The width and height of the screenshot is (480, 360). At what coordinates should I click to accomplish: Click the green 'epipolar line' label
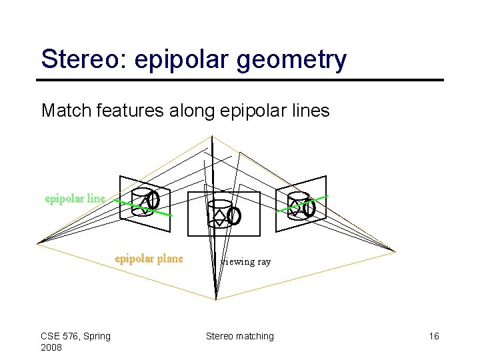pyautogui.click(x=75, y=198)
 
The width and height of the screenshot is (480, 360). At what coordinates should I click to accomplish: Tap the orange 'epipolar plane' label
pyautogui.click(x=149, y=259)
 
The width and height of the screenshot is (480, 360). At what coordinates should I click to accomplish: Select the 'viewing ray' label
pyautogui.click(x=247, y=261)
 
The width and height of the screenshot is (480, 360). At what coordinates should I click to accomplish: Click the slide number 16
pyautogui.click(x=433, y=336)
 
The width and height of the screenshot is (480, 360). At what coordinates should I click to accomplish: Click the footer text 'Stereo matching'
pyautogui.click(x=239, y=336)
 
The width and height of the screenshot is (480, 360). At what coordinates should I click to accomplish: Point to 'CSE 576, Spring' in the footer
pyautogui.click(x=75, y=336)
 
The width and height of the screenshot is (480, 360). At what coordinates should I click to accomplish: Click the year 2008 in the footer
pyautogui.click(x=51, y=347)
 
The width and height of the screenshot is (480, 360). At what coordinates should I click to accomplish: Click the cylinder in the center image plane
pyautogui.click(x=219, y=212)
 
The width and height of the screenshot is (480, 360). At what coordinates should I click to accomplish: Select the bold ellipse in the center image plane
pyautogui.click(x=234, y=215)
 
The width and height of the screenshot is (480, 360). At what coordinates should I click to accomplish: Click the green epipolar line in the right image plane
pyautogui.click(x=319, y=200)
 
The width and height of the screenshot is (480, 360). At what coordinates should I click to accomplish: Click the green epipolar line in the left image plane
pyautogui.click(x=164, y=212)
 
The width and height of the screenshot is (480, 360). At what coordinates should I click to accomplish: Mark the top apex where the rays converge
pyautogui.click(x=212, y=137)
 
